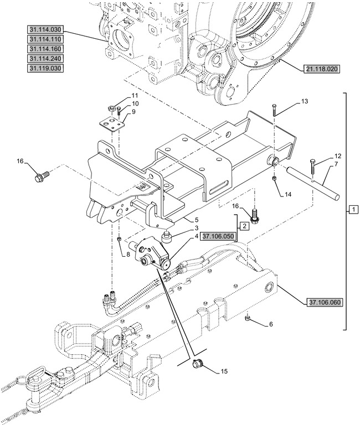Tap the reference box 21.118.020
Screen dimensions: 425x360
pyautogui.click(x=321, y=69)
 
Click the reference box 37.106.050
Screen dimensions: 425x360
pyautogui.click(x=218, y=237)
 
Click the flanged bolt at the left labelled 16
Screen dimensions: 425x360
pyautogui.click(x=41, y=177)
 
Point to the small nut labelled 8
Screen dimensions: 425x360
pyautogui.click(x=120, y=239)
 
